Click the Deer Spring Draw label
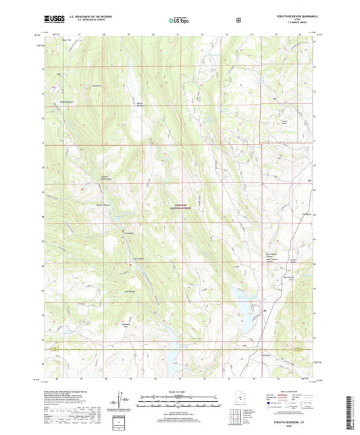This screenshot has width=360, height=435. point(288,278)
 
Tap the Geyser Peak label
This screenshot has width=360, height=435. point(271,122)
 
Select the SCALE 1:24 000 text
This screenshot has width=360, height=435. point(179,392)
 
